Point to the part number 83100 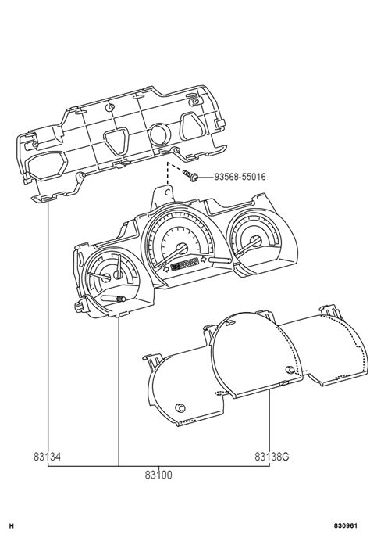tap(158, 475)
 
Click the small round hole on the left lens tap(181, 407)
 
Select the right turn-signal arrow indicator tap(205, 259)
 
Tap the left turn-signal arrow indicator tap(164, 267)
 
